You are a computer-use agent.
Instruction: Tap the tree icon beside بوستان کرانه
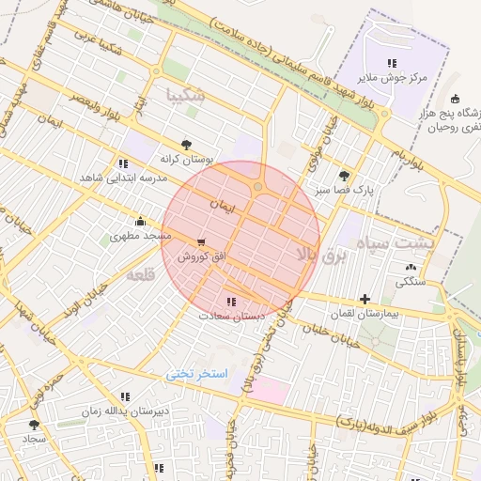(x=186, y=144)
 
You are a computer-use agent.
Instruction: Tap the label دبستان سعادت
(x=231, y=316)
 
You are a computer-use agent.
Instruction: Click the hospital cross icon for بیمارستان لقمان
(x=365, y=299)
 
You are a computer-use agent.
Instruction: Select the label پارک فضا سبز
(x=344, y=189)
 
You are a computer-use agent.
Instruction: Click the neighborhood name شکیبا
(x=184, y=95)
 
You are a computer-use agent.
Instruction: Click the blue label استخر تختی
(x=197, y=373)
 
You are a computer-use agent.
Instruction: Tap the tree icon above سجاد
(x=35, y=425)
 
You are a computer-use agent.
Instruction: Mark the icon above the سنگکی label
(x=411, y=268)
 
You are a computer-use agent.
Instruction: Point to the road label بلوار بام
(x=411, y=156)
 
